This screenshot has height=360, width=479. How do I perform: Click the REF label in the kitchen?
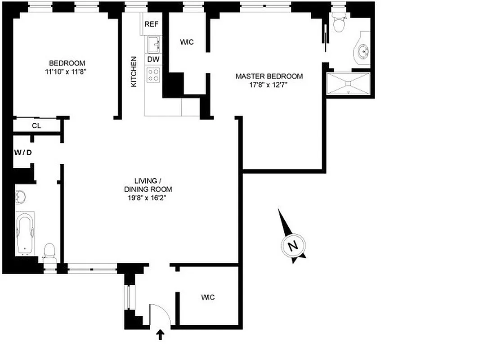click(152, 24)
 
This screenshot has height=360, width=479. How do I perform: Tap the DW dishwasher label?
click(153, 59)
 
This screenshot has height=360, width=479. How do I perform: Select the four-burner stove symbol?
click(153, 74)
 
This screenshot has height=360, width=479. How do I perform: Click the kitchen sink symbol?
click(153, 44)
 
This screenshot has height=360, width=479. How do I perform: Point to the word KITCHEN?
click(134, 72)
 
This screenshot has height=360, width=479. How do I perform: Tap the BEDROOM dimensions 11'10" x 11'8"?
click(67, 71)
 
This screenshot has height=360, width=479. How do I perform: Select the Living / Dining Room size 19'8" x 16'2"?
click(148, 198)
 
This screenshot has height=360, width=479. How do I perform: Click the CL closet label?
click(36, 126)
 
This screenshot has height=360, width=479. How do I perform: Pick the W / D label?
click(23, 152)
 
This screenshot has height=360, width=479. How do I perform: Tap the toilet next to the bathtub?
click(49, 252)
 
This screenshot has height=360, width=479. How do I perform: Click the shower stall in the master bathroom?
click(349, 83)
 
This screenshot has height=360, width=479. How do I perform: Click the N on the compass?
click(293, 246)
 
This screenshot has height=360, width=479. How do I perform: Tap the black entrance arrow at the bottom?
click(161, 335)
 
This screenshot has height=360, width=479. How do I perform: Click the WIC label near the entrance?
click(208, 297)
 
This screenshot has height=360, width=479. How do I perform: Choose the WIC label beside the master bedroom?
click(187, 42)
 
